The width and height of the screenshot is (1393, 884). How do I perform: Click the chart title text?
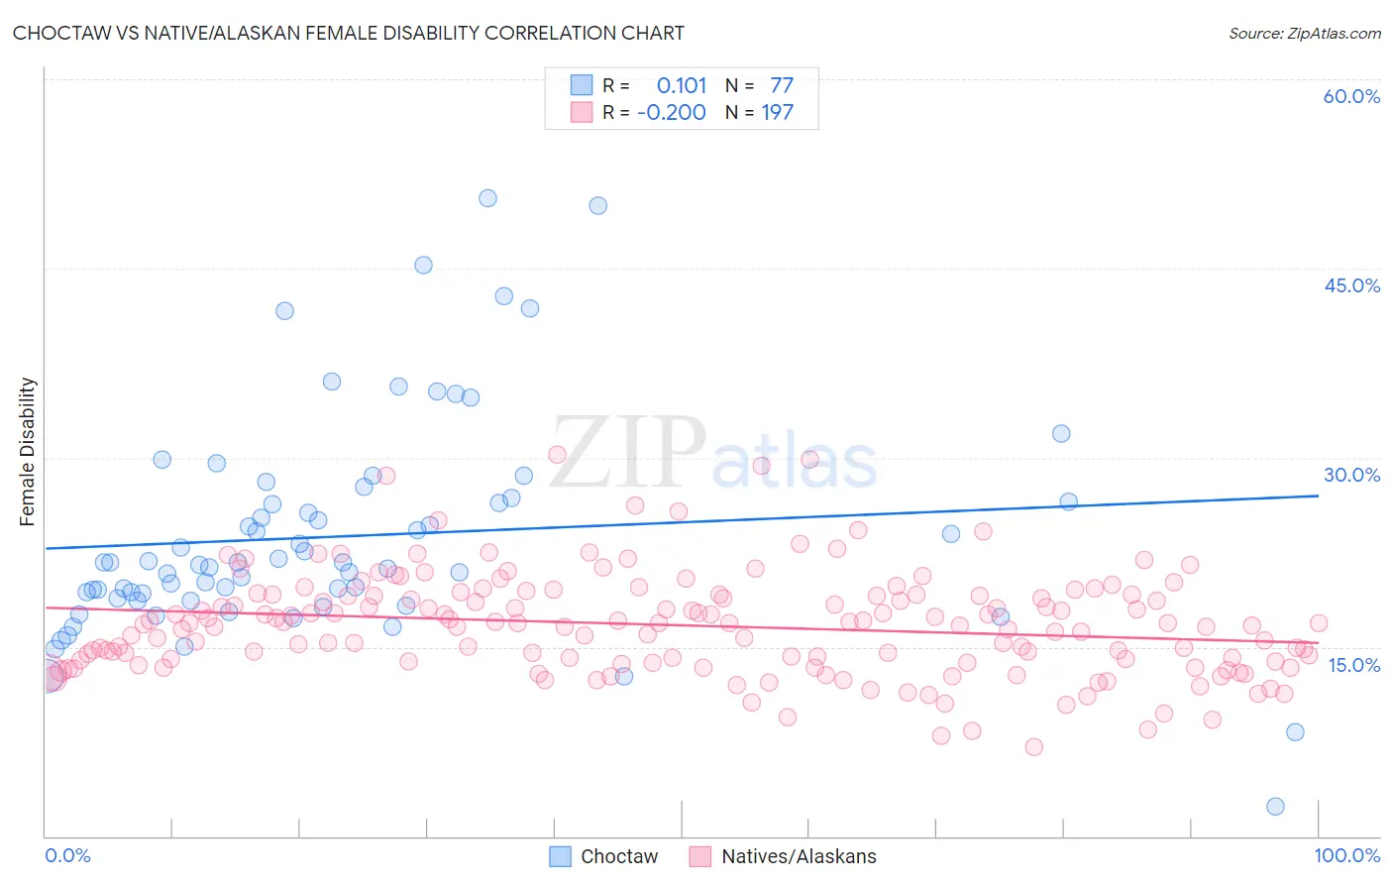(x=348, y=33)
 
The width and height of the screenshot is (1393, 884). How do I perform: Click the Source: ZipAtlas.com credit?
(x=1304, y=33)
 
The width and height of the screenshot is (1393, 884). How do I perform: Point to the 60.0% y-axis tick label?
(x=1351, y=96)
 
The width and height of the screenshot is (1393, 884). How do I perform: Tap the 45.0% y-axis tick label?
(x=1351, y=285)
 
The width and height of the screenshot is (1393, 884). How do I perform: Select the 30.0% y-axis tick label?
(x=1351, y=475)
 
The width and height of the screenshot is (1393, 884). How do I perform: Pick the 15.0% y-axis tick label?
(x=1353, y=665)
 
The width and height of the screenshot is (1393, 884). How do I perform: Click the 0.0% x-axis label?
(x=67, y=855)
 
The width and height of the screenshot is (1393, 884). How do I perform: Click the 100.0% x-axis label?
(x=1346, y=855)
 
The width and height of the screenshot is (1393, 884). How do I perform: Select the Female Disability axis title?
(x=28, y=451)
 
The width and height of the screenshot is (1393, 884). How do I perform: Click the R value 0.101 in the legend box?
(x=682, y=86)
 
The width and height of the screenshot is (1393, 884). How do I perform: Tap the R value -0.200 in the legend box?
(x=672, y=113)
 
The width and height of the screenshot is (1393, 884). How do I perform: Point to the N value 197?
(x=777, y=113)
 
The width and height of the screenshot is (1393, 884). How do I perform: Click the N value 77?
(x=782, y=86)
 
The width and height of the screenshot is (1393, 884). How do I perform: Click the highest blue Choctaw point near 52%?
(x=487, y=198)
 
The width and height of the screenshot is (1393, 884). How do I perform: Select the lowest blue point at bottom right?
(x=1275, y=807)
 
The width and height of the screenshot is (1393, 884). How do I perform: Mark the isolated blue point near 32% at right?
(x=1061, y=433)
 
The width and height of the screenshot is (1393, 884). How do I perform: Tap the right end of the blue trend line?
(x=1318, y=495)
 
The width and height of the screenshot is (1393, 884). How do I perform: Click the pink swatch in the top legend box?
(x=582, y=113)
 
